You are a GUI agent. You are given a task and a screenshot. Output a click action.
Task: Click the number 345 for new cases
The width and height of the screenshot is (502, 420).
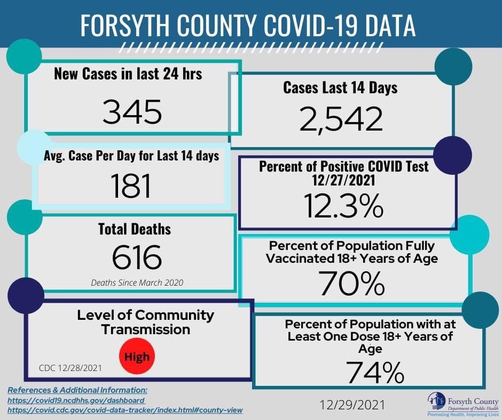[132, 112]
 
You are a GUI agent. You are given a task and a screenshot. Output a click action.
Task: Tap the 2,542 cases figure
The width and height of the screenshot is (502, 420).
[341, 118]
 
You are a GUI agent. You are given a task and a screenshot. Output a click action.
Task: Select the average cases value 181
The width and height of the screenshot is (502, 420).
[131, 186]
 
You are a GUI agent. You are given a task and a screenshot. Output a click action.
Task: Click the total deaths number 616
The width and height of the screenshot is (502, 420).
[136, 257]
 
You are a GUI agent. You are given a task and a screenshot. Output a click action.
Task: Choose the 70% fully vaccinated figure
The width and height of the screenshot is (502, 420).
[352, 284]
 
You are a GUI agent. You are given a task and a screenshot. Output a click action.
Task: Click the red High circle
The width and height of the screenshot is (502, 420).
[137, 356]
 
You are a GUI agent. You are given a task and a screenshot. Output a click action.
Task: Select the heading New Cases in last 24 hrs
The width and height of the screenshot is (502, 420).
[128, 74]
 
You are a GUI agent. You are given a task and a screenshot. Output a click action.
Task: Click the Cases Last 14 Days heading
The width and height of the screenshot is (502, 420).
[340, 87]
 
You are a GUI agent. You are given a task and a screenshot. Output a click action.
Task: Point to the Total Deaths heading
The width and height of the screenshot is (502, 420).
[135, 229]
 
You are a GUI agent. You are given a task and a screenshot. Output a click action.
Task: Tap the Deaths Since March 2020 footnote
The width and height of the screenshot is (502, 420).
[137, 282]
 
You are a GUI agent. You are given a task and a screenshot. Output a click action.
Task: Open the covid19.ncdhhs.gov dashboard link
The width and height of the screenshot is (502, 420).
[76, 400]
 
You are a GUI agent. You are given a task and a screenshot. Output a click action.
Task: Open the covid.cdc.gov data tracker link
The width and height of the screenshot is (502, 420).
[125, 410]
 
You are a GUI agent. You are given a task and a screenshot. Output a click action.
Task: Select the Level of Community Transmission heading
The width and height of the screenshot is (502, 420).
[145, 322]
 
